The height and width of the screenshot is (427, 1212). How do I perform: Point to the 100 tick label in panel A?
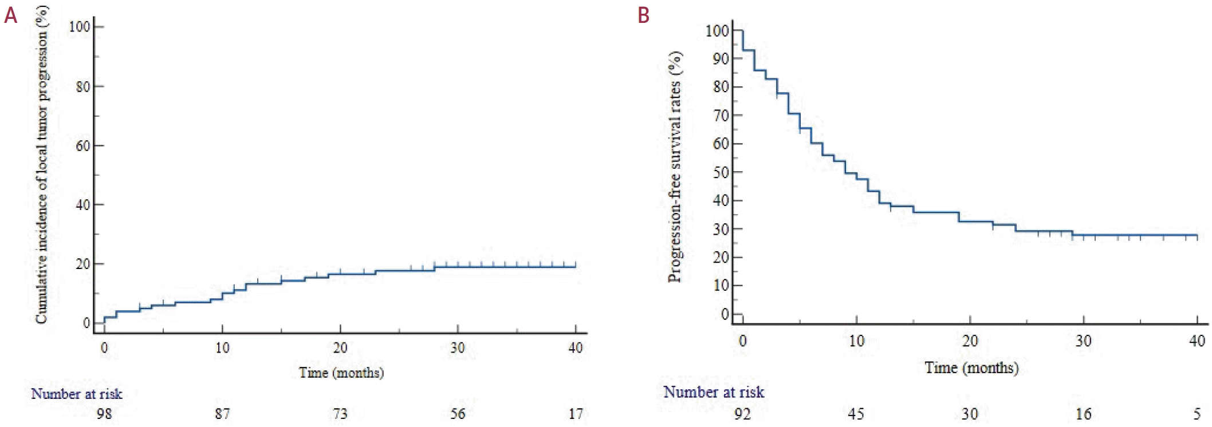coord(80,26)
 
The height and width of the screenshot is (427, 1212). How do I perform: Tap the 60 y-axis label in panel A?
coord(82,145)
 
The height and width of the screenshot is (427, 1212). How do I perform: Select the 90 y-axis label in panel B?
coord(721,58)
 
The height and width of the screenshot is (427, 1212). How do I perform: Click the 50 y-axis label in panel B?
coord(721,172)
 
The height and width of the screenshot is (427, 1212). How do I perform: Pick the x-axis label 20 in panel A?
coord(340,348)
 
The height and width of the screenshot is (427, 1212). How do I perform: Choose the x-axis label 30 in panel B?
coord(1083,341)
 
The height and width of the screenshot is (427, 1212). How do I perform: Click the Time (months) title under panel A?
coord(341,373)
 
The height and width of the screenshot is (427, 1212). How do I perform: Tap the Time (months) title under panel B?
coord(971,367)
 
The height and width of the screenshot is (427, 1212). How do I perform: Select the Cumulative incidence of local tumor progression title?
coord(41,165)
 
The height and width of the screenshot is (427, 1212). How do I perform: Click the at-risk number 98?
coord(104,413)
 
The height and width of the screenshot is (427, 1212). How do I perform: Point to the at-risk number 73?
coord(340,413)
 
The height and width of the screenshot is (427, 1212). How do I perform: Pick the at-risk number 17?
coord(576,413)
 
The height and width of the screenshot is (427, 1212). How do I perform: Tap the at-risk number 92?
coord(742,413)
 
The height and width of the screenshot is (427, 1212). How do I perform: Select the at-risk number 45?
coord(856,413)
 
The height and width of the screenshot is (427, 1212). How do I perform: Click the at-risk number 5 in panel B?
coord(1197,413)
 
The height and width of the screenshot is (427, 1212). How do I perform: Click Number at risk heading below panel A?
coord(77,394)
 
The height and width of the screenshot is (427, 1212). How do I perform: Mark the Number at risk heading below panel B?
coord(714,392)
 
